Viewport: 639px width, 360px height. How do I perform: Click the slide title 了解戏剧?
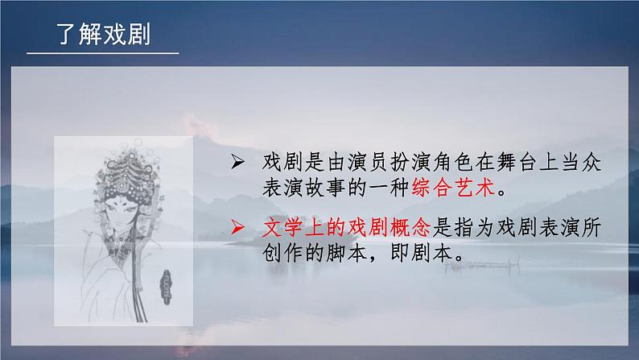(104, 34)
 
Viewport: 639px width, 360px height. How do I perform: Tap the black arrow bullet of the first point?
(237, 162)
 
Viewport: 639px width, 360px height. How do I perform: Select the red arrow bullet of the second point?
(237, 227)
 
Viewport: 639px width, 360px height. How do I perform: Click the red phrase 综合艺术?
(453, 188)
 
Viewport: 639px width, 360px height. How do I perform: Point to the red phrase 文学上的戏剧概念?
(346, 227)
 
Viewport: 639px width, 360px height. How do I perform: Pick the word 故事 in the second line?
(325, 188)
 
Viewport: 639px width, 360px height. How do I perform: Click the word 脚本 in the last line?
(346, 253)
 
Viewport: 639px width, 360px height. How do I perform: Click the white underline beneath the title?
(103, 53)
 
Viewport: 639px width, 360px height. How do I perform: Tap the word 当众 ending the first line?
(581, 162)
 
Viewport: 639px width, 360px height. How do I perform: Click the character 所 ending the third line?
(591, 227)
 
